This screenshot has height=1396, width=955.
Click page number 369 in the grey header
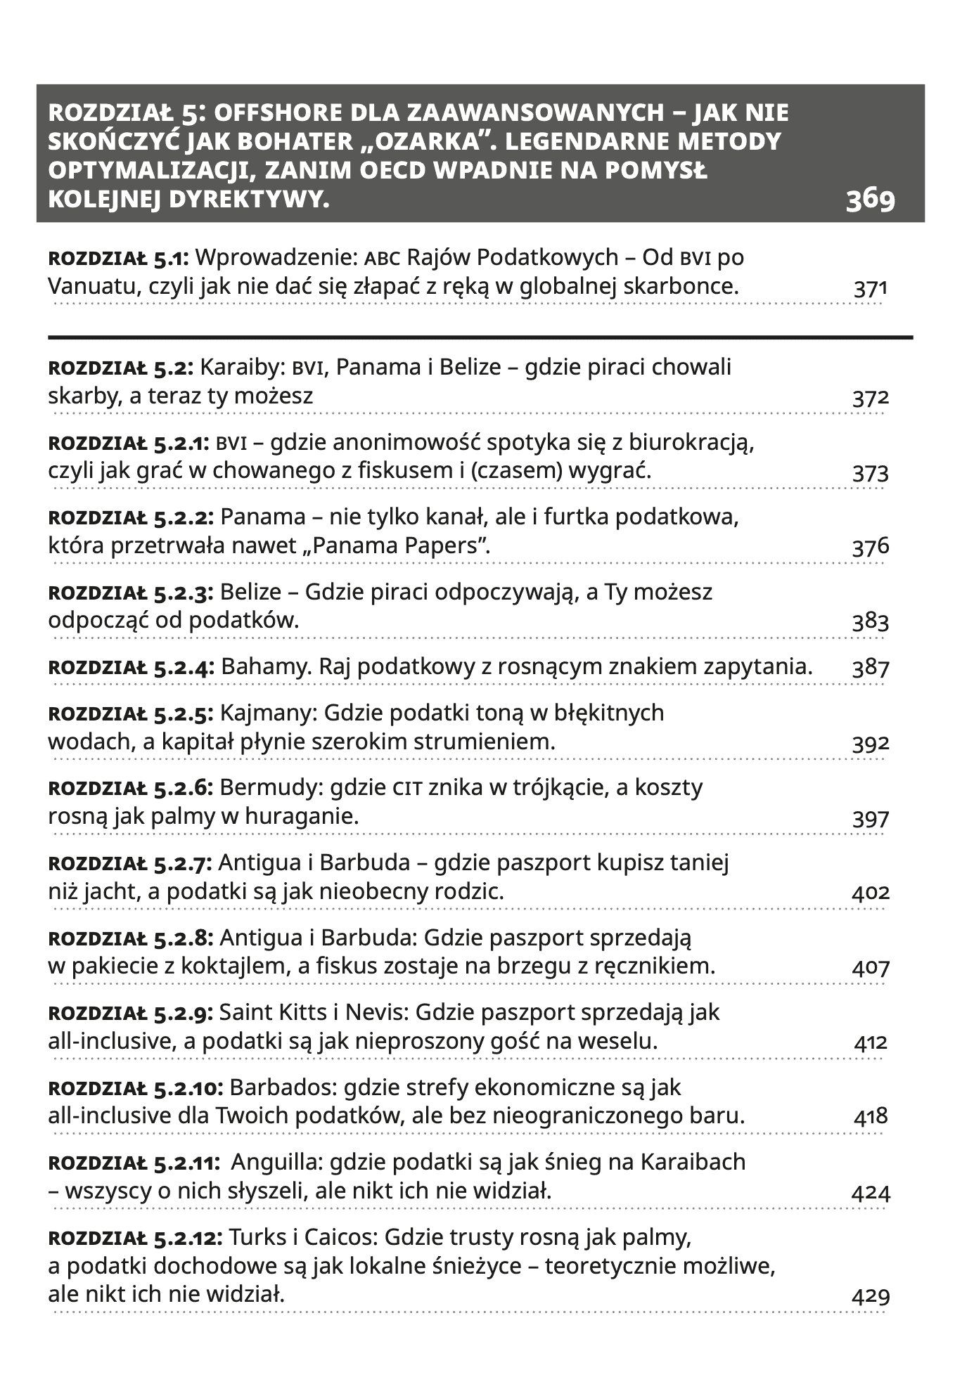pyautogui.click(x=870, y=199)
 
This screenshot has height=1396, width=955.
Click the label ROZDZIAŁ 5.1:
pyautogui.click(x=118, y=258)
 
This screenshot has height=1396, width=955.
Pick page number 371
pyautogui.click(x=871, y=289)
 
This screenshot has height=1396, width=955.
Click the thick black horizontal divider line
pyautogui.click(x=480, y=338)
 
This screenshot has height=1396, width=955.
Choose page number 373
pyautogui.click(x=871, y=473)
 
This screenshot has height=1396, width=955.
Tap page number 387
pyautogui.click(x=871, y=668)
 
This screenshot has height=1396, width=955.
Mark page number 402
pyautogui.click(x=871, y=893)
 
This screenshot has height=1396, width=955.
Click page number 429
pyautogui.click(x=871, y=1296)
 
